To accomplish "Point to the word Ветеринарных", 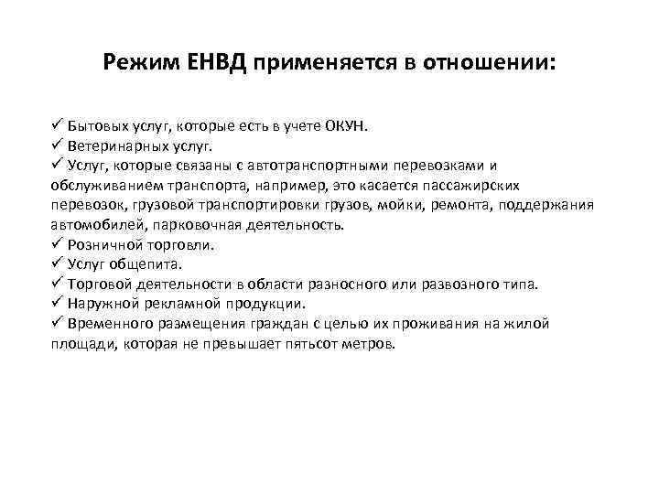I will coord(113,145).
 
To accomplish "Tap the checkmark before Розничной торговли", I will coord(57,243).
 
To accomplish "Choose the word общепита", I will coord(155,263).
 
